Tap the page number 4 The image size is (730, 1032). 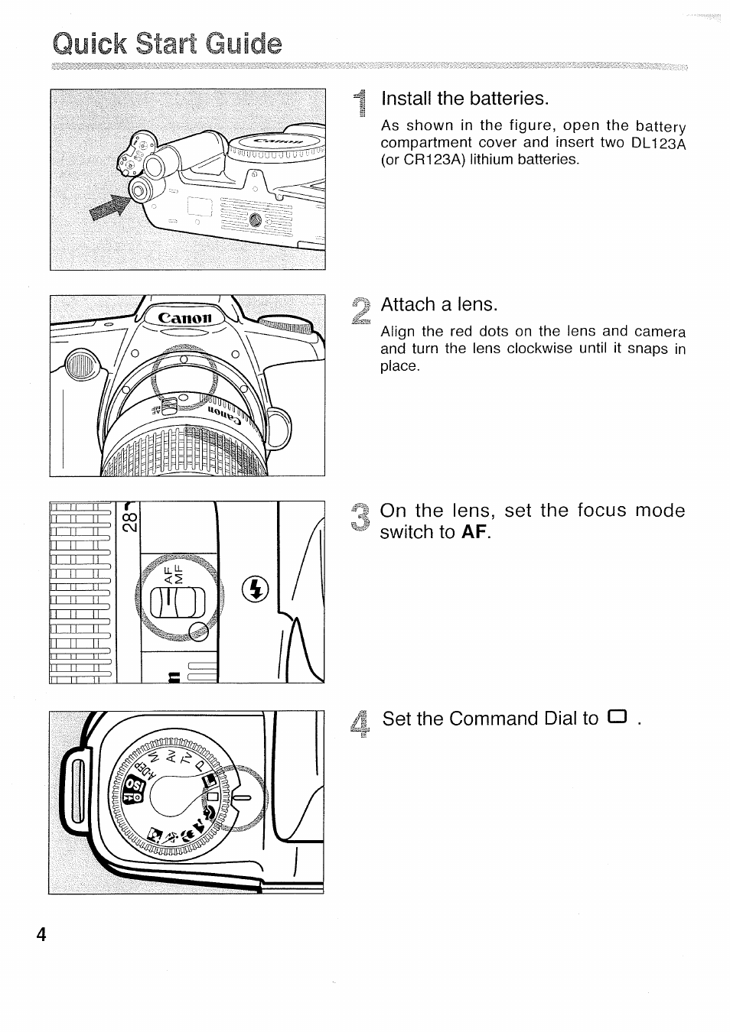(41, 933)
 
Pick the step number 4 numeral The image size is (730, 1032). (363, 723)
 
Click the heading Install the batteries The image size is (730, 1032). (465, 99)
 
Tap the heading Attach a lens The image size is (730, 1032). (439, 304)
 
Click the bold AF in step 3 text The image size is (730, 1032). (474, 532)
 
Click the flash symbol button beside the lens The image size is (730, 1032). (256, 589)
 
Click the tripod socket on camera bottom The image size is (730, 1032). (256, 220)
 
